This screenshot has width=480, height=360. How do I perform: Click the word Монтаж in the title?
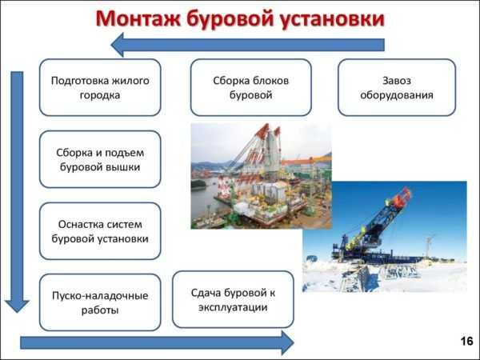pyautogui.click(x=138, y=18)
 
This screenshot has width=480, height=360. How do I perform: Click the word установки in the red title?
pyautogui.click(x=332, y=19)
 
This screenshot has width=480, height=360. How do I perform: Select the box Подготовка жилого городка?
pyautogui.click(x=100, y=87)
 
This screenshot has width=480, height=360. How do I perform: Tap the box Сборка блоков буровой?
pyautogui.click(x=251, y=87)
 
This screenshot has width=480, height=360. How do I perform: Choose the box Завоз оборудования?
pyautogui.click(x=397, y=87)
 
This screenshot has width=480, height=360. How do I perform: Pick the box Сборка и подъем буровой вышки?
pyautogui.click(x=100, y=159)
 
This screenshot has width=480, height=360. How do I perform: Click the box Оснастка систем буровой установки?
pyautogui.click(x=100, y=231)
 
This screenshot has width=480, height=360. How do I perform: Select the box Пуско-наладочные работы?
pyautogui.click(x=100, y=302)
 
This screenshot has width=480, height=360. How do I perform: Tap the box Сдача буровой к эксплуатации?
pyautogui.click(x=233, y=299)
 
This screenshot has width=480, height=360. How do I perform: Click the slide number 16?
pyautogui.click(x=467, y=341)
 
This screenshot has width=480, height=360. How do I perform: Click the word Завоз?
pyautogui.click(x=397, y=81)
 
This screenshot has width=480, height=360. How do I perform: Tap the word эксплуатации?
pyautogui.click(x=233, y=307)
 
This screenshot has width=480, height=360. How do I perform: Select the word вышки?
pyautogui.click(x=126, y=167)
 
